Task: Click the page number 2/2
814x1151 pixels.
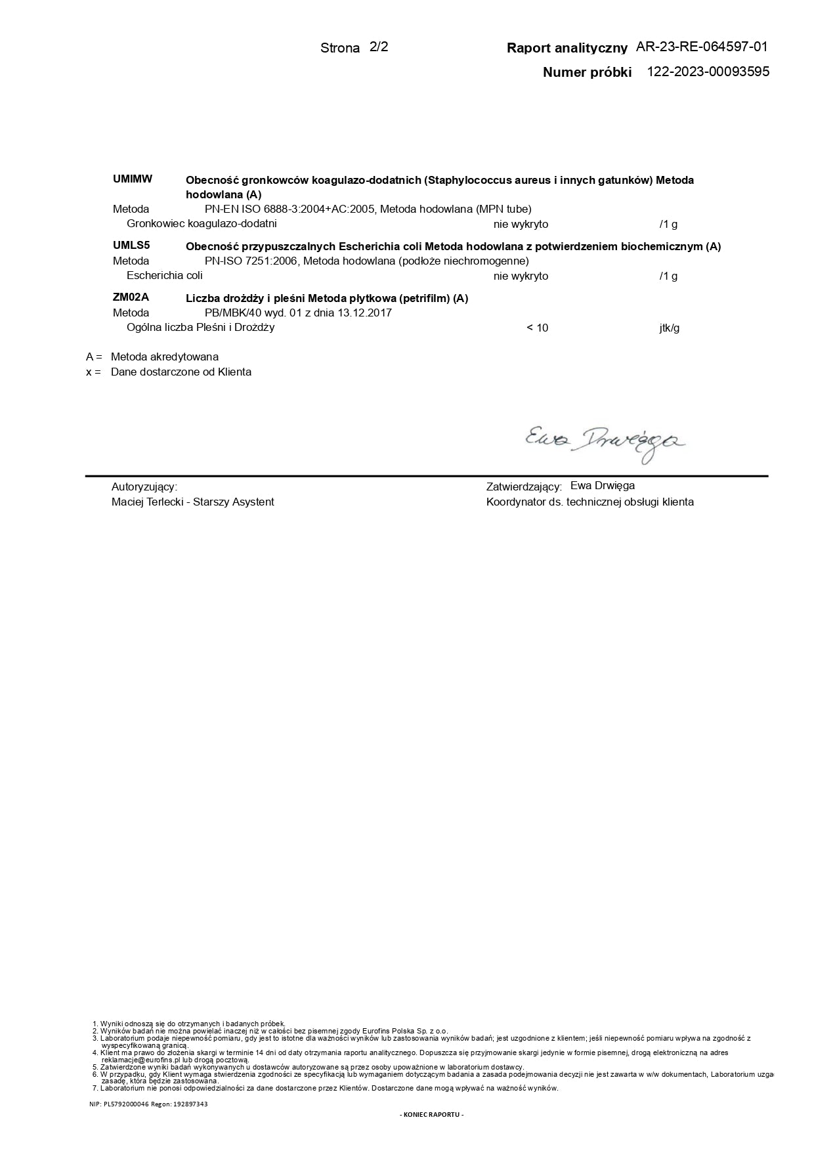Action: tap(379, 47)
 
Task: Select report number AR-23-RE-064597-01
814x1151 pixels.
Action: tap(701, 47)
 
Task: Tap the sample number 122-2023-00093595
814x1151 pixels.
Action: tap(708, 72)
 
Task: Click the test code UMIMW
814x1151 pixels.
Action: tap(133, 179)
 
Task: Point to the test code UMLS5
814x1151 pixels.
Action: tap(131, 246)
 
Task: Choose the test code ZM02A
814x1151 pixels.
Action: tap(131, 297)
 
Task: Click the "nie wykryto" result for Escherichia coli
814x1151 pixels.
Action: tap(521, 276)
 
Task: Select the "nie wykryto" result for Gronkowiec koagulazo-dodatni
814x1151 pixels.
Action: tap(521, 224)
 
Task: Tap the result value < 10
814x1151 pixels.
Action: tap(537, 328)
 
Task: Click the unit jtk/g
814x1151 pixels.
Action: tap(670, 328)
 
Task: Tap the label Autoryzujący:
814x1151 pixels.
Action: tap(144, 487)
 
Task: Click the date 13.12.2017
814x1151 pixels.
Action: tap(364, 313)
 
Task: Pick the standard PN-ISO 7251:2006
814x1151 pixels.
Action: tap(253, 261)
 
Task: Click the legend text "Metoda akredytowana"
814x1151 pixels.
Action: tap(165, 357)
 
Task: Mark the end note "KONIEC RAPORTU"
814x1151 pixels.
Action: tap(431, 1114)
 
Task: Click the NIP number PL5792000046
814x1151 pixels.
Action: tap(125, 1104)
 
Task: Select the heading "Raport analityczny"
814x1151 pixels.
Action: tap(567, 47)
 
